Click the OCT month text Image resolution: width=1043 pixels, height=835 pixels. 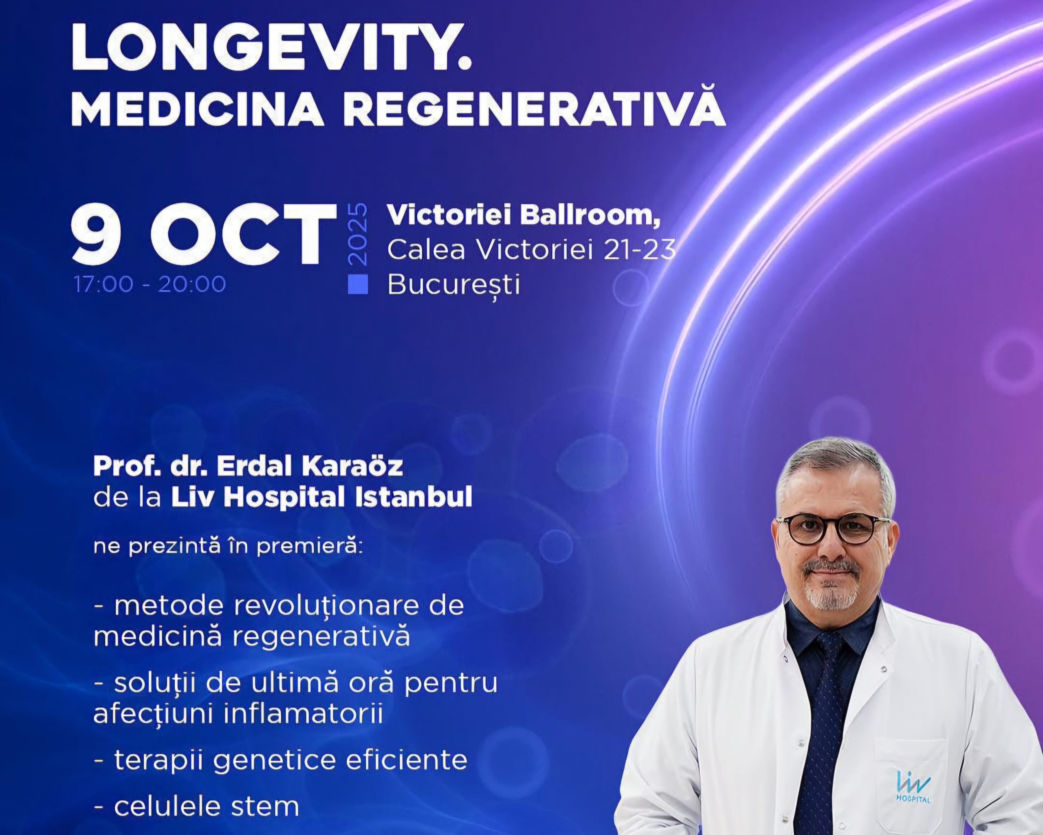coord(242,235)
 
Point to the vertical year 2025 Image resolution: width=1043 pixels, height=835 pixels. coord(358,235)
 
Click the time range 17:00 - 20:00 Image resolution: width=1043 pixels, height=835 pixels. coord(150,284)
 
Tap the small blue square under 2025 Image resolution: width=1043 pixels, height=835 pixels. coord(358,285)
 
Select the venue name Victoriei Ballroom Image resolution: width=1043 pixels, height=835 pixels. coord(523,215)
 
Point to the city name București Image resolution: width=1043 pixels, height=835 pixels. coord(454,285)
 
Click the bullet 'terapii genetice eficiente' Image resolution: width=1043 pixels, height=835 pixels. coord(281,760)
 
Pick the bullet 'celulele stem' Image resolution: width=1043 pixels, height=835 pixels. coord(196,806)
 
